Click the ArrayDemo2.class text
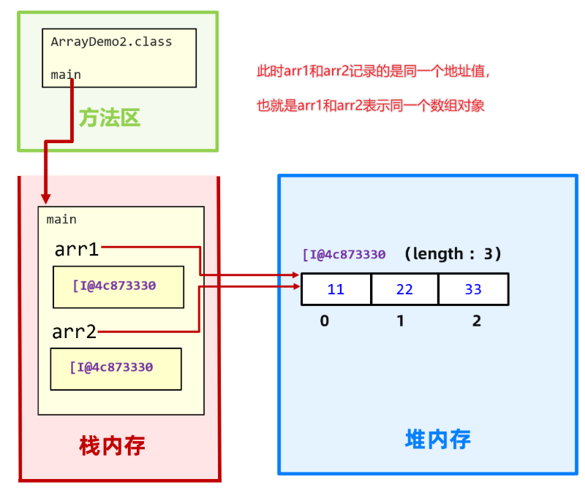pos(111,42)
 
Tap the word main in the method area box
pos(66,74)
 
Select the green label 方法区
pos(110,118)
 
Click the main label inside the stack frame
pos(61,219)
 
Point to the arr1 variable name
pos(77,250)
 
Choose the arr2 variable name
pos(74,332)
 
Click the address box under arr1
pos(118,286)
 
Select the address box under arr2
pos(116,368)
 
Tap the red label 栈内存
pos(112,445)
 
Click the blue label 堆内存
pos(437,438)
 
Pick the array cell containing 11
pos(336,289)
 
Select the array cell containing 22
pos(404,289)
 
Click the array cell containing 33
pos(473,289)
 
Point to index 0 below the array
pos(325,321)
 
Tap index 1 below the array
pos(401,321)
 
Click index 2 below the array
pos(477,321)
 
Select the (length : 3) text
pos(453,254)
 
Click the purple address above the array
pos(344,255)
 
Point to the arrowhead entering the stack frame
pos(46,198)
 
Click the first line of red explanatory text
pos(372,72)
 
